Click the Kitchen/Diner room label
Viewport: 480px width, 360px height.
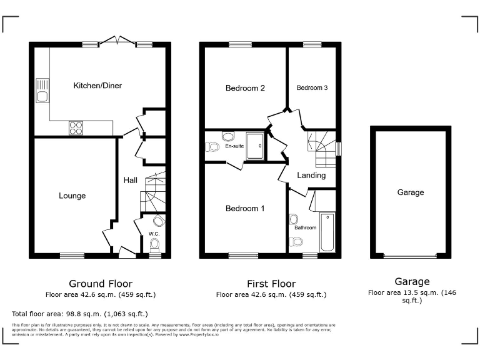point(97,86)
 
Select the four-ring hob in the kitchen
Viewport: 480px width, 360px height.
point(76,127)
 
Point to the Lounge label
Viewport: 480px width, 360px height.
point(72,196)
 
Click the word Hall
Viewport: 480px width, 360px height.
point(131,181)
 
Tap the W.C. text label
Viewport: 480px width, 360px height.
point(153,234)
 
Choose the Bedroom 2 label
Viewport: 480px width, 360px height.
point(245,88)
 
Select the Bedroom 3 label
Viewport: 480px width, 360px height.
point(312,88)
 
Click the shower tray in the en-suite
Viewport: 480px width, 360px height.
point(256,146)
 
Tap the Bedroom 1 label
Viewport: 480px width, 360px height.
point(245,208)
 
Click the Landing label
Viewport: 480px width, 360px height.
point(311,176)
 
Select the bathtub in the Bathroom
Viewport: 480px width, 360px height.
point(327,233)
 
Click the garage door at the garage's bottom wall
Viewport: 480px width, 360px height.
point(409,256)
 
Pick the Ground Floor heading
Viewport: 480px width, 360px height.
point(101,284)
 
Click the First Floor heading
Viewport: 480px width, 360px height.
point(271,284)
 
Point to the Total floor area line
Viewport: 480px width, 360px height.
point(80,313)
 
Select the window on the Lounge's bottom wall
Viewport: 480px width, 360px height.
point(72,255)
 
